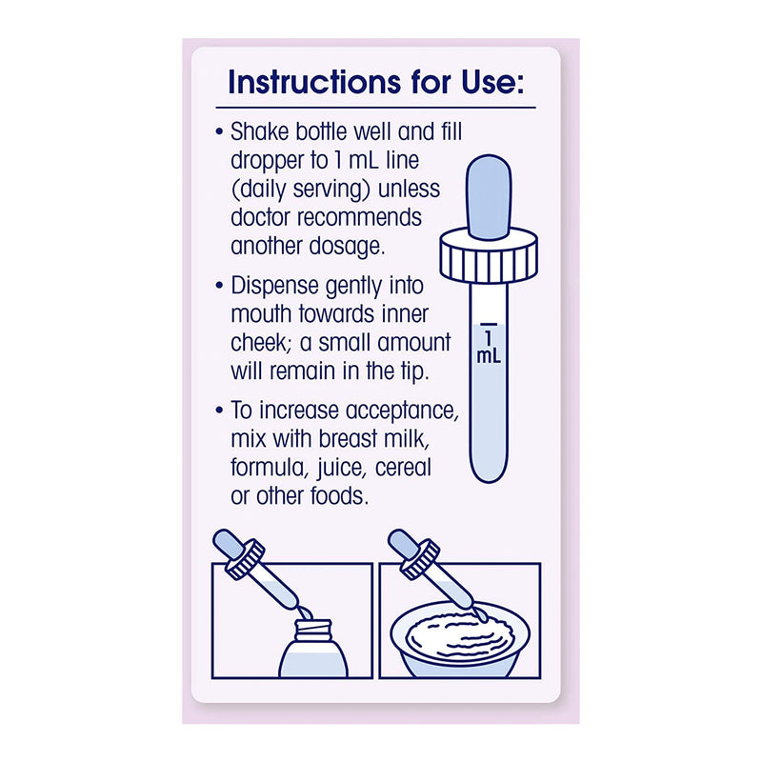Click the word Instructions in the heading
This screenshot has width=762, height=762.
314,82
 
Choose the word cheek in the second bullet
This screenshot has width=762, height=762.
261,342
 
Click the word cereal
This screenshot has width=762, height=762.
403,468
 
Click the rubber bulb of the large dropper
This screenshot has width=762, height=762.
489,197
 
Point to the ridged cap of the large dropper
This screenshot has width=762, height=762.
489,257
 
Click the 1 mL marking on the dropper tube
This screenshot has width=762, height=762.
489,344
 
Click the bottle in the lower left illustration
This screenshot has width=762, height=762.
314,648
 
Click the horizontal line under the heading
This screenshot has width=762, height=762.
375,108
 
